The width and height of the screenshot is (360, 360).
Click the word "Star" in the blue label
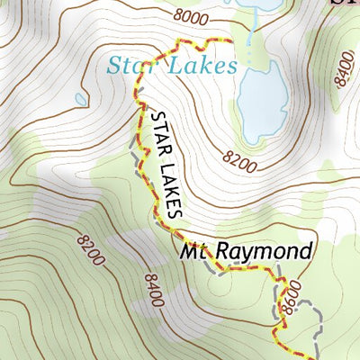point(130,65)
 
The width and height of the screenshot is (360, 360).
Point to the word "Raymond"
point(270,250)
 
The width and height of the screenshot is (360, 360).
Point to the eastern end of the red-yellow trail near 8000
point(232,41)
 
